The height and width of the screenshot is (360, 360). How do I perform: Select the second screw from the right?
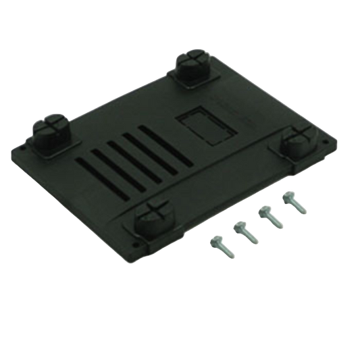point(268,216)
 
